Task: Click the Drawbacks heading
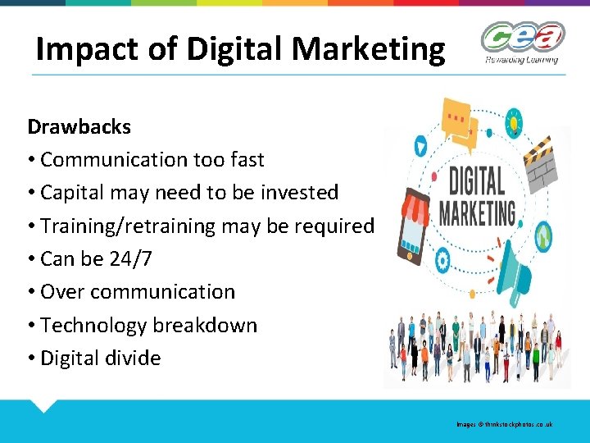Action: point(79,127)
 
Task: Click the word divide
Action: point(134,359)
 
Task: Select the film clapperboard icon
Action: point(541,163)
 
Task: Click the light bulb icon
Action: point(515,123)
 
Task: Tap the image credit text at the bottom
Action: point(505,424)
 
